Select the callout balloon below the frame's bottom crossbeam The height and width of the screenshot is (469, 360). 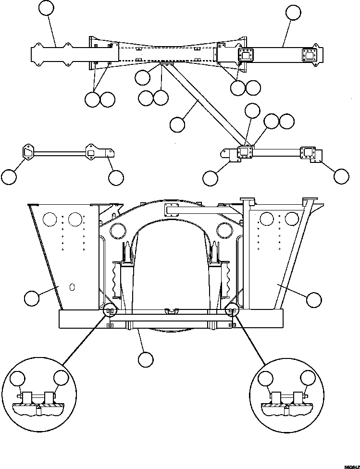[145, 359]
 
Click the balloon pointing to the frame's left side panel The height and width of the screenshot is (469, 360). [32, 298]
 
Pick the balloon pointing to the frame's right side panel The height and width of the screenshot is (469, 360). [314, 299]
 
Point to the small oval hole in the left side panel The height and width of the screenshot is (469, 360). [72, 287]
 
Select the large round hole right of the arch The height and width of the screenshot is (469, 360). [224, 231]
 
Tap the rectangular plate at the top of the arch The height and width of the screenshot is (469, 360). [172, 210]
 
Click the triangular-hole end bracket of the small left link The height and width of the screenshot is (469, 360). [27, 151]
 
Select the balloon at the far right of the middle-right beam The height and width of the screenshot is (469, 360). [341, 176]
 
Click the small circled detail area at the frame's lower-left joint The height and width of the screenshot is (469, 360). [110, 311]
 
